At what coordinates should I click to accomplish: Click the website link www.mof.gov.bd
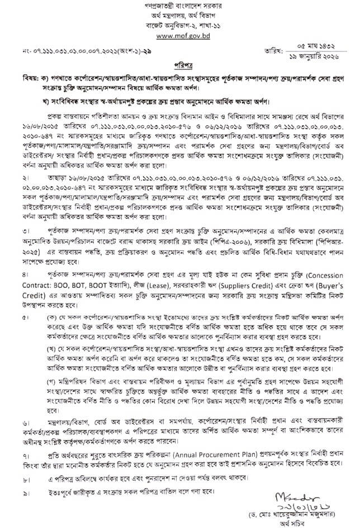tap(179, 35)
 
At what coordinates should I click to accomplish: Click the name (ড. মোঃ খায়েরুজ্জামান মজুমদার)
tap(304, 514)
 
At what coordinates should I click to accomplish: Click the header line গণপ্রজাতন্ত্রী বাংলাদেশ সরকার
tap(179, 7)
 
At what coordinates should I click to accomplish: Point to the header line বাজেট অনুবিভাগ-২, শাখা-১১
tap(179, 26)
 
